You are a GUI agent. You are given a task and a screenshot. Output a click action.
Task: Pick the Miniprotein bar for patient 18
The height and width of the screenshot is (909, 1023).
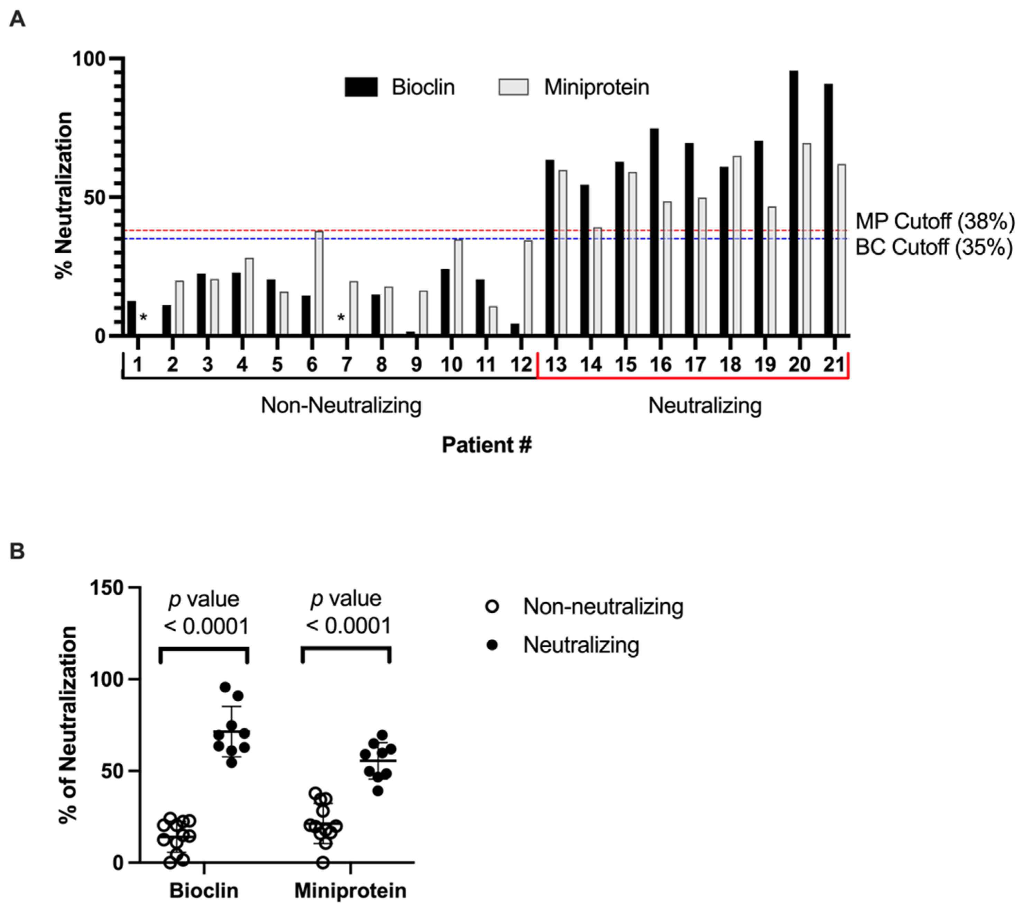pyautogui.click(x=737, y=245)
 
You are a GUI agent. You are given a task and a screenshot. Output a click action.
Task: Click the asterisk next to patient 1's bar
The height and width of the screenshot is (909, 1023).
pyautogui.click(x=144, y=317)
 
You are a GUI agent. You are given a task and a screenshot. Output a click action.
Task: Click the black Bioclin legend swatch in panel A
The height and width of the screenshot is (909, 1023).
pyautogui.click(x=361, y=87)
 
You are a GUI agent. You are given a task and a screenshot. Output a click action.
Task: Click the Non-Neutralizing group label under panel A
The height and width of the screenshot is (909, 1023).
pyautogui.click(x=341, y=405)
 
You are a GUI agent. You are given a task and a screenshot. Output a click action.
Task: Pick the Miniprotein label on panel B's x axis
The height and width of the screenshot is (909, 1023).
pyautogui.click(x=350, y=890)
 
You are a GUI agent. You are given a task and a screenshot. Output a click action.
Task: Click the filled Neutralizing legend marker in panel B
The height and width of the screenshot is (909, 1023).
pyautogui.click(x=493, y=646)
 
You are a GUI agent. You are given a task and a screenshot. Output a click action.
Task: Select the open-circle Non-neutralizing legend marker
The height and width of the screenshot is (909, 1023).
pyautogui.click(x=493, y=607)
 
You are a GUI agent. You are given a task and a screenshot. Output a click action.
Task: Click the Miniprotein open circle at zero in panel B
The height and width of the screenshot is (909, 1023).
pyautogui.click(x=324, y=862)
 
